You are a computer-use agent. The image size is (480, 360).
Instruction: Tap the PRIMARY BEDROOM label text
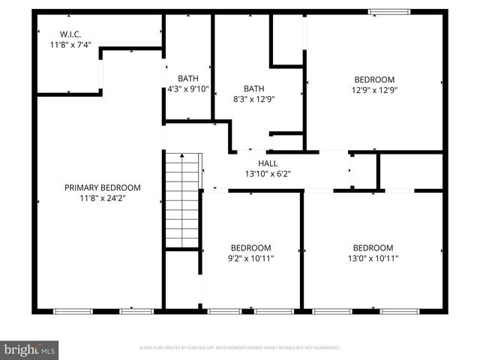click(102, 187)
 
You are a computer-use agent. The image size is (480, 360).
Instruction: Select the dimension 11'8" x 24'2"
click(102, 199)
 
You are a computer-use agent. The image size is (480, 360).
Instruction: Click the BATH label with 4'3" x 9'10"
click(187, 79)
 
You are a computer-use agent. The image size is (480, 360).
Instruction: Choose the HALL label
click(268, 163)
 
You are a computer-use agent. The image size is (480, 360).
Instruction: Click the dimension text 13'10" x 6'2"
click(268, 173)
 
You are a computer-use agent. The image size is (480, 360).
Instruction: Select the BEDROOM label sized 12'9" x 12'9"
click(374, 79)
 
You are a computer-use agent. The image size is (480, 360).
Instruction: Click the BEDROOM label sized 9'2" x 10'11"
click(250, 247)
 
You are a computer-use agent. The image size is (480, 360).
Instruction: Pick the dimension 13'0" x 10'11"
click(373, 259)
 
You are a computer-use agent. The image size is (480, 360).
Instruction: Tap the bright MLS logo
click(30, 349)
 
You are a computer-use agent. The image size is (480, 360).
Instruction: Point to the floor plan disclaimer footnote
click(240, 348)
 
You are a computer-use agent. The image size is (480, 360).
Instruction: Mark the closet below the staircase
click(181, 279)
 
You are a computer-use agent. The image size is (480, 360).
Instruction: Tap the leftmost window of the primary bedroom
click(73, 310)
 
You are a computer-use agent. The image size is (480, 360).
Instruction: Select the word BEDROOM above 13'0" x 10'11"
click(373, 247)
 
